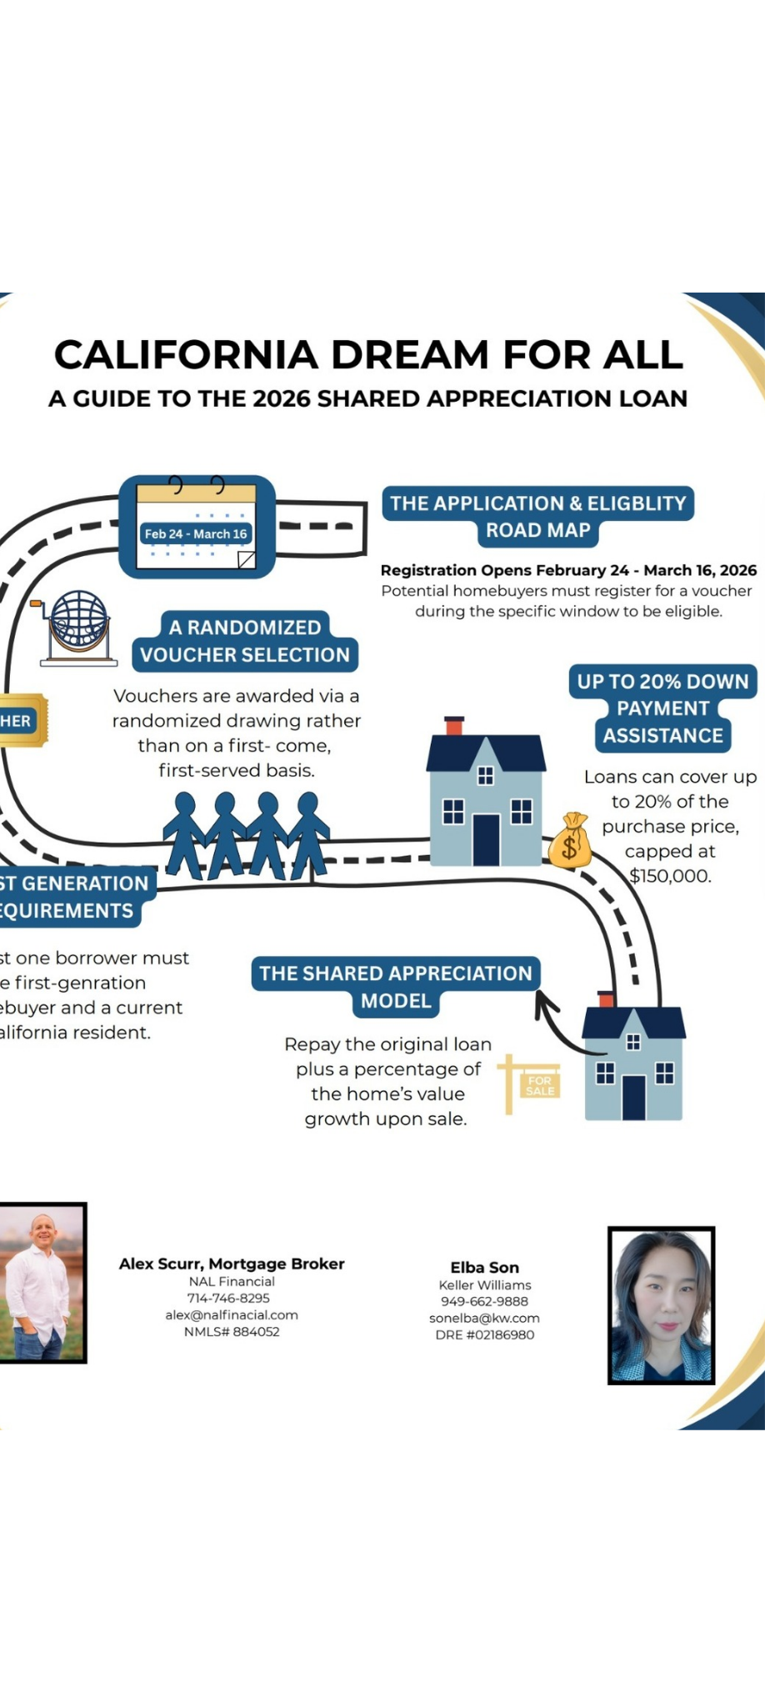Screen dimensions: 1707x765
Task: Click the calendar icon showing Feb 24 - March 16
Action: point(197,527)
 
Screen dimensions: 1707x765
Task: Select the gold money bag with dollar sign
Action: point(570,841)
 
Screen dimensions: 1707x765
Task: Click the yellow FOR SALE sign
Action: point(533,1084)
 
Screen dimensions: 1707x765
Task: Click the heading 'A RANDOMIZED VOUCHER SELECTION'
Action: point(245,641)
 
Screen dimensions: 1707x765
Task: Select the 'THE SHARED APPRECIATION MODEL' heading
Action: point(396,987)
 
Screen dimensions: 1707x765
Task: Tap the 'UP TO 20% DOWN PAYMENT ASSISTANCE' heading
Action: point(662,708)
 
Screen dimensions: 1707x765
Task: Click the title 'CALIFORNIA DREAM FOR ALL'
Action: point(368,355)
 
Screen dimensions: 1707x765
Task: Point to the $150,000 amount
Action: point(670,876)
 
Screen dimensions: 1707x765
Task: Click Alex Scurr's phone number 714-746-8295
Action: point(228,1298)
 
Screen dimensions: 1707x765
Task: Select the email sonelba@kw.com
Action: point(484,1318)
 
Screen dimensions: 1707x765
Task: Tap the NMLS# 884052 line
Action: point(232,1331)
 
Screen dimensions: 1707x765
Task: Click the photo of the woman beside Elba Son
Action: point(661,1305)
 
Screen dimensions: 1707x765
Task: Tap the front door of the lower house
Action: point(633,1098)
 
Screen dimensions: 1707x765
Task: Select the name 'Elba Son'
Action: point(484,1268)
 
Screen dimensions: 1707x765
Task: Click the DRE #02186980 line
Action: point(484,1334)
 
